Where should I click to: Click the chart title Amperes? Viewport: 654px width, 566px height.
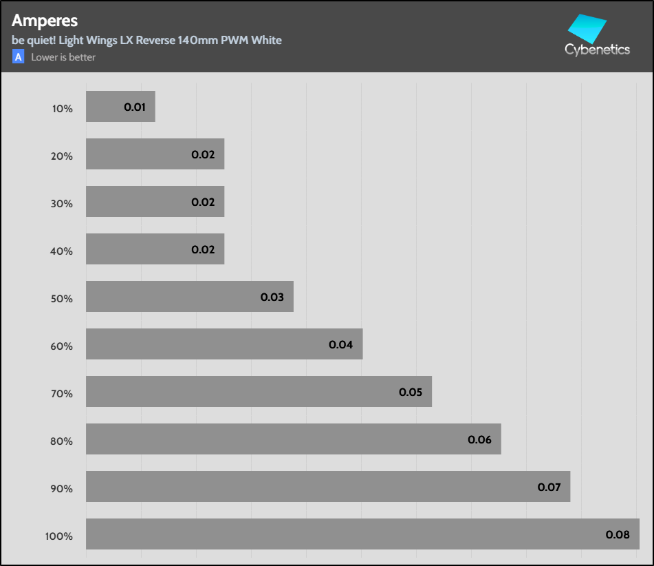45,21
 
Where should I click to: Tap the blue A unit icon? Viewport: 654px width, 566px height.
18,57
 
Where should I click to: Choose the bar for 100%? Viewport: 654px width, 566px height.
344,534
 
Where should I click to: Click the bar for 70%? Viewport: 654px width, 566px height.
241,392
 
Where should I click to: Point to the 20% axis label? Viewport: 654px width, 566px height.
61,156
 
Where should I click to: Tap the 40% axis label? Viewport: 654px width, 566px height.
61,251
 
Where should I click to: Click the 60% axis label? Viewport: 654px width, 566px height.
61,346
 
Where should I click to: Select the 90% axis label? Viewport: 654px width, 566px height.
61,489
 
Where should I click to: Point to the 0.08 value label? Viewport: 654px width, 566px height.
617,534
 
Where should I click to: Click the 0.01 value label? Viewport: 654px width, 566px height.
135,107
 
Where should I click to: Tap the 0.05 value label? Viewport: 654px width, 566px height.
410,392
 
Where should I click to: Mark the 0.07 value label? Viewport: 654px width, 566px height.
549,488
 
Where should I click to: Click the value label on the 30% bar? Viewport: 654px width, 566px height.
203,202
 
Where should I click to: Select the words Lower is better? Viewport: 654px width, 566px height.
63,57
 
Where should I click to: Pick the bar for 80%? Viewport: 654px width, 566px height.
275,439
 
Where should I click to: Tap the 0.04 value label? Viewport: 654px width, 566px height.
340,345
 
